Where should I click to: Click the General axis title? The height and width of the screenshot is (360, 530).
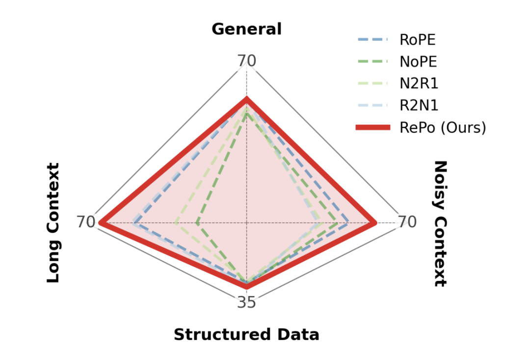[246, 29]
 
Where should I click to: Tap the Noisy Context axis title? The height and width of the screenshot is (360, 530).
[440, 223]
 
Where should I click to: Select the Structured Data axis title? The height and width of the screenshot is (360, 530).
[246, 335]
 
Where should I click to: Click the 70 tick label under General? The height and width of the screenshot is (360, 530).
[246, 61]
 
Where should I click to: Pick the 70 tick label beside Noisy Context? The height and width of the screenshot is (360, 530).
[407, 222]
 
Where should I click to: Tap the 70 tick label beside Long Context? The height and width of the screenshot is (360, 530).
[86, 222]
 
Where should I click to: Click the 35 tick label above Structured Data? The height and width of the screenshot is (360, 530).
[246, 303]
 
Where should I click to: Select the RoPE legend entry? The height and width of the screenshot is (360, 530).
[417, 40]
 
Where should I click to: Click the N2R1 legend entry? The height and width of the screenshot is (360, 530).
[419, 83]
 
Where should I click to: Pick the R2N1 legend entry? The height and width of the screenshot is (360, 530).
[419, 106]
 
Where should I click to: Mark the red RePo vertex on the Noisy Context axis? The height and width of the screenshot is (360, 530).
[375, 223]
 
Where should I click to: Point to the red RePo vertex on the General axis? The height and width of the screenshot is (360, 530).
[246, 99]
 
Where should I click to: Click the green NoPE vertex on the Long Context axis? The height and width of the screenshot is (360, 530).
[197, 223]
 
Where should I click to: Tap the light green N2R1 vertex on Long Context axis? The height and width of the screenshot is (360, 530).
[175, 223]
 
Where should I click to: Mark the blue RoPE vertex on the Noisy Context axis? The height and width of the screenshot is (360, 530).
[347, 223]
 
